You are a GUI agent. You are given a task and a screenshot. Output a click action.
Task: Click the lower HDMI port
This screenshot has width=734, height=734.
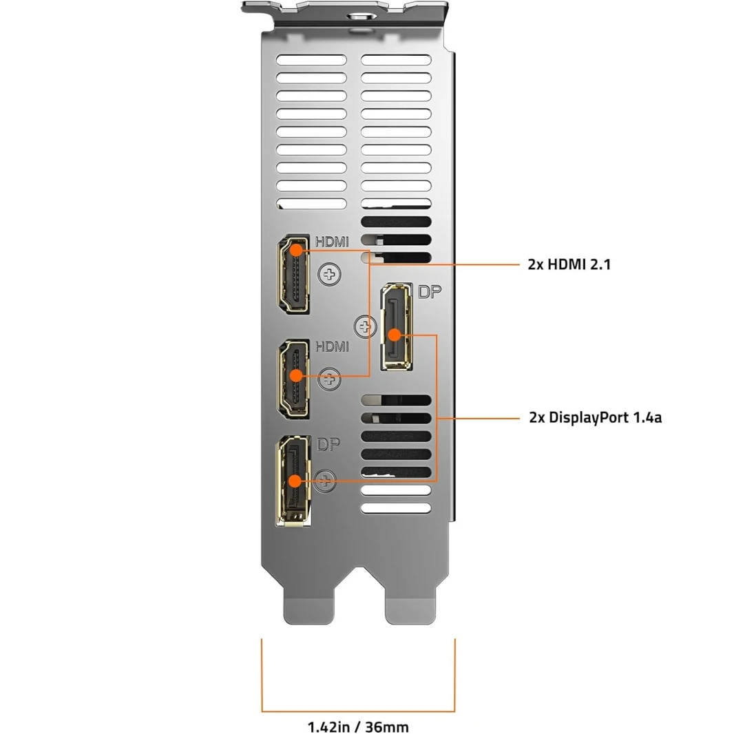coord(293,379)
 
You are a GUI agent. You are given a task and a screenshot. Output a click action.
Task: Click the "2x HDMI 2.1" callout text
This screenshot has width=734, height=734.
coord(569,264)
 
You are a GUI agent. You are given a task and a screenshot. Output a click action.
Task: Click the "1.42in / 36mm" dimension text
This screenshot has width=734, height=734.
coord(359,726)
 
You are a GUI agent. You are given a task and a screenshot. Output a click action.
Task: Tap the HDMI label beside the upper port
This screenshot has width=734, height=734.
coord(332,242)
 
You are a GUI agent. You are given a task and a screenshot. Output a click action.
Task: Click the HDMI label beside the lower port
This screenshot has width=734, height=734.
coord(332,346)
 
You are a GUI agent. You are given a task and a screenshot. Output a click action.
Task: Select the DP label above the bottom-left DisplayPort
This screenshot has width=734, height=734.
coord(328,445)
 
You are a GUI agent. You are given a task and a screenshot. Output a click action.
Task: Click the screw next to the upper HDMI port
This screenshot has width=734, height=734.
coord(330,275)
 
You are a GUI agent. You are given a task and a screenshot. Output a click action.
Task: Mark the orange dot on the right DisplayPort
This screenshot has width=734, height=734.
coord(395,335)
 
